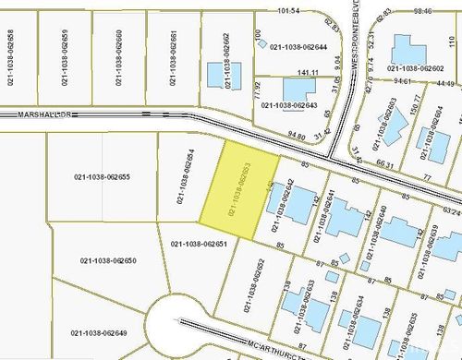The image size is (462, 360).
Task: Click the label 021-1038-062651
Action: pyautogui.click(x=200, y=244)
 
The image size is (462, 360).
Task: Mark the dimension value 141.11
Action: pyautogui.click(x=308, y=72)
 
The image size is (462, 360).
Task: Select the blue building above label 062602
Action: pyautogui.click(x=407, y=49)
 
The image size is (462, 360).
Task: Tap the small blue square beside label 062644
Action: pyautogui.click(x=261, y=42)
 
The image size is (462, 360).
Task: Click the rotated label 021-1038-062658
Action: pyautogui.click(x=10, y=58)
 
